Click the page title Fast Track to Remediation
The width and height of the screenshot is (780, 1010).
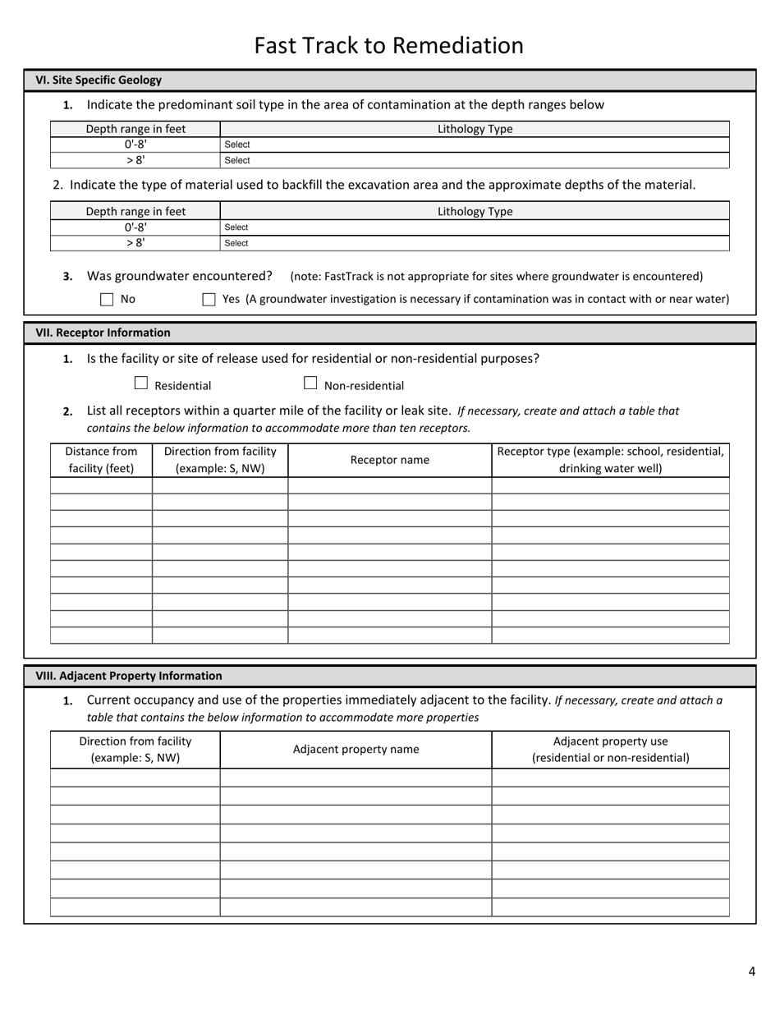click(388, 45)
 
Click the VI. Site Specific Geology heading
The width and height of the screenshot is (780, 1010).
click(99, 80)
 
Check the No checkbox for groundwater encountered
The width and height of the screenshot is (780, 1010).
click(107, 300)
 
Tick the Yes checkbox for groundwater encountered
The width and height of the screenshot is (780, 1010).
click(209, 300)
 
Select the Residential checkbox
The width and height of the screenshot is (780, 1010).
click(141, 383)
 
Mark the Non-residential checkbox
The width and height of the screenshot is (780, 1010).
click(310, 383)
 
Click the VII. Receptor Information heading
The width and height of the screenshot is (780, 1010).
click(103, 333)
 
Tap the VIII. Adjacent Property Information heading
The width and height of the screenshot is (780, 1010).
click(128, 676)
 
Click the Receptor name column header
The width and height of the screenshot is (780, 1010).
click(389, 460)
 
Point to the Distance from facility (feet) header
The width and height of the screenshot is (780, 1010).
click(101, 460)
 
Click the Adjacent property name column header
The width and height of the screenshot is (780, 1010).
click(356, 749)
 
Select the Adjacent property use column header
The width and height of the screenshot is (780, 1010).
click(610, 749)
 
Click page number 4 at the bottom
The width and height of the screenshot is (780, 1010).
click(751, 972)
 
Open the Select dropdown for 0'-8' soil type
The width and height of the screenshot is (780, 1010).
click(475, 145)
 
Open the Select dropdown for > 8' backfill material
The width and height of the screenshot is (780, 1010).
click(475, 243)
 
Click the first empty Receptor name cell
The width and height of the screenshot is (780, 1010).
click(389, 485)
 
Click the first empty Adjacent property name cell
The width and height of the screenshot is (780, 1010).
click(356, 778)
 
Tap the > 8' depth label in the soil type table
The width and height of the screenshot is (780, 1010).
click(135, 160)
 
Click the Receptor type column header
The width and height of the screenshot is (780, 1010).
click(610, 460)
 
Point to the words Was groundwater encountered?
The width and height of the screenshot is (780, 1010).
click(179, 276)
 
